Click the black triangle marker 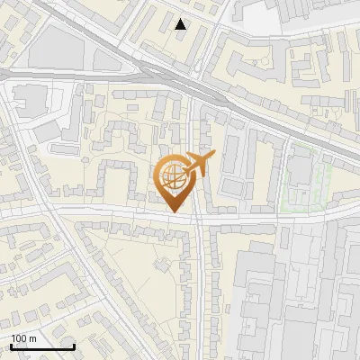(181, 24)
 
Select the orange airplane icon (198, 163)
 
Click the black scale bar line (42, 346)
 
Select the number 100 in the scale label (19, 338)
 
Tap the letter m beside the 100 (31, 338)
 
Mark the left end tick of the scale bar (11, 346)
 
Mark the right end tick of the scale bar (74, 346)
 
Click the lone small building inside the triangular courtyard (162, 265)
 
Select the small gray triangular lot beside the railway (107, 59)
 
